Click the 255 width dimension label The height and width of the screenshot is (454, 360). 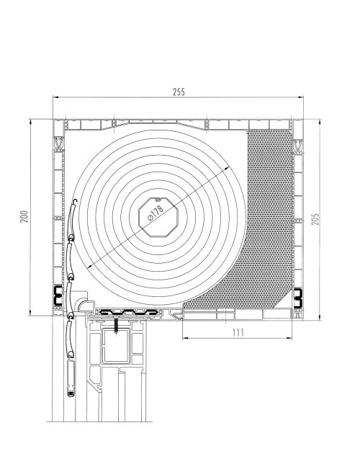pyautogui.click(x=179, y=92)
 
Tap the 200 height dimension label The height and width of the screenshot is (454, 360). pyautogui.click(x=24, y=216)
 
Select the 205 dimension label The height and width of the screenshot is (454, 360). pyautogui.click(x=315, y=219)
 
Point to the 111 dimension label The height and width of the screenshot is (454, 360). pyautogui.click(x=238, y=332)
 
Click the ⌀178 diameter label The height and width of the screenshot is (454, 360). pyautogui.click(x=156, y=213)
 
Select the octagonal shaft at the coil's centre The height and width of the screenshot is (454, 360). pyautogui.click(x=158, y=217)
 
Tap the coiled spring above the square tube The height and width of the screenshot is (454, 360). pyautogui.click(x=117, y=326)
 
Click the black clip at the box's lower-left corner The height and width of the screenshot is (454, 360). pyautogui.click(x=58, y=295)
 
